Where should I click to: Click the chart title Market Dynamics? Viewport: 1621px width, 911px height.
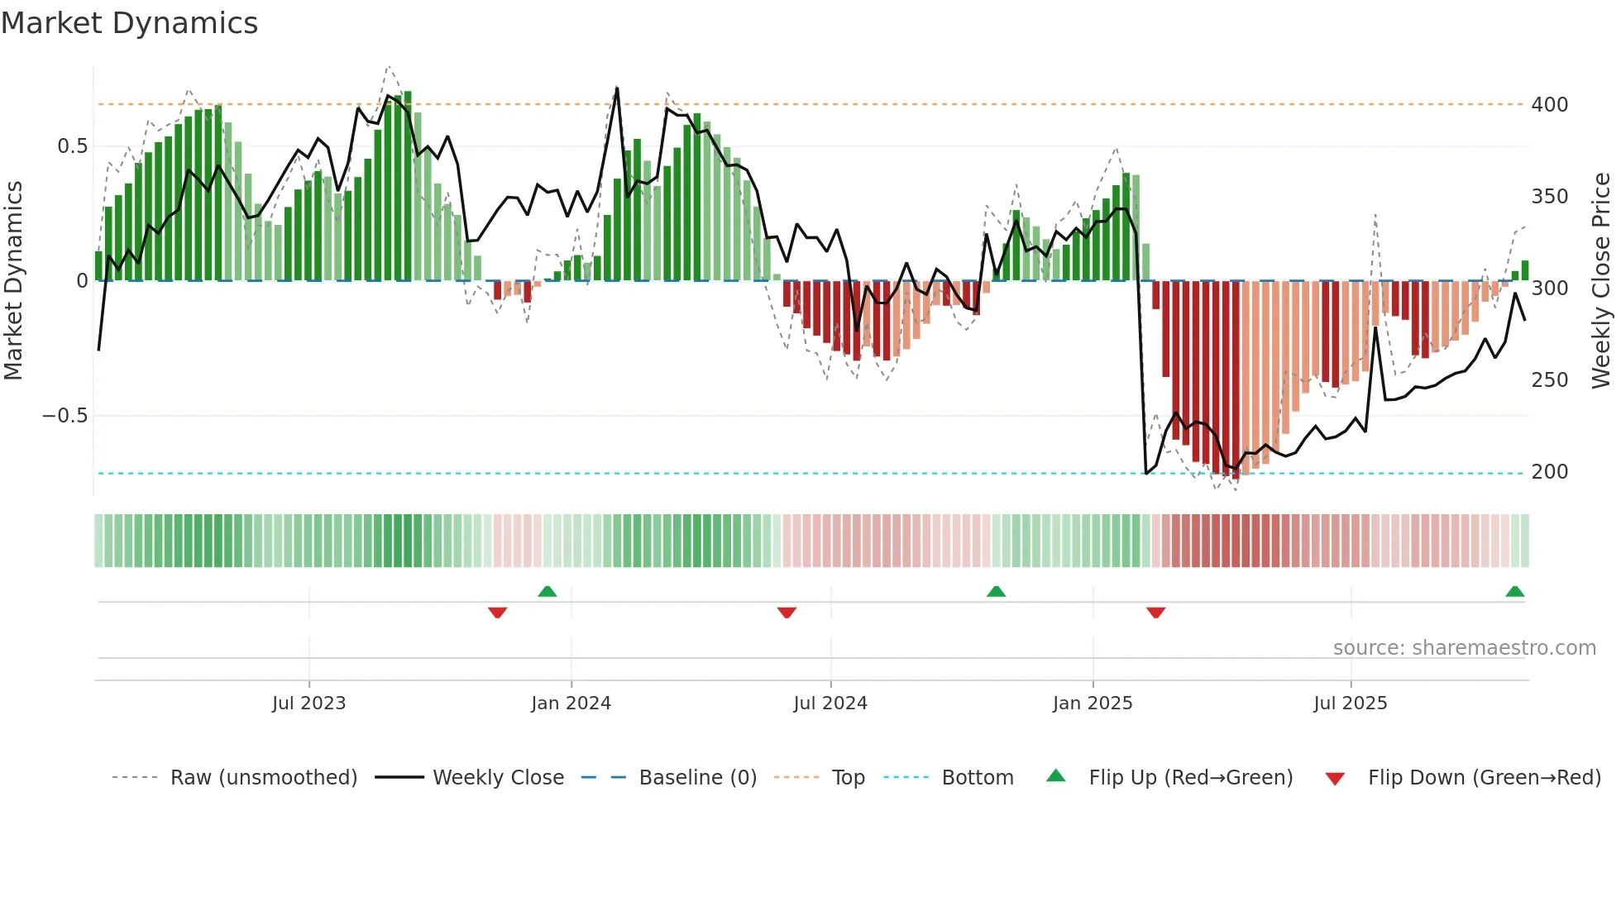(129, 23)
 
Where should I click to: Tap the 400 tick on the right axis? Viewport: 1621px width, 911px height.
(1549, 105)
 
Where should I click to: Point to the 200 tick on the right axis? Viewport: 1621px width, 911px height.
(1549, 472)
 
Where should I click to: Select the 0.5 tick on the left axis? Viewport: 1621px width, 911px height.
(72, 146)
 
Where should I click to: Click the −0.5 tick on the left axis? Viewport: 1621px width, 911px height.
(65, 416)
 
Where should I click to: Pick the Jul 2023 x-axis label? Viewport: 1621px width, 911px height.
(308, 704)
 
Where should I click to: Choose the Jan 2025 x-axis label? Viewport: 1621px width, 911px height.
(1092, 704)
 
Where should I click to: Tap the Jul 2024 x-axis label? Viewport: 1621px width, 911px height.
(830, 704)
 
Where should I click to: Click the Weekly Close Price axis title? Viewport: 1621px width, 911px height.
(1601, 281)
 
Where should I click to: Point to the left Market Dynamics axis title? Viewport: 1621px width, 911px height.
(13, 281)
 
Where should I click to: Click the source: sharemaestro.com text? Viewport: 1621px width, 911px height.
(1464, 648)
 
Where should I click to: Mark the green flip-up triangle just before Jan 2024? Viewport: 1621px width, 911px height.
(547, 592)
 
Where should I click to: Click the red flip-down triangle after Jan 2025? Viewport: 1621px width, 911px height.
(1155, 613)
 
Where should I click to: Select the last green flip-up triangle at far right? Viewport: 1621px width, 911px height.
(1514, 592)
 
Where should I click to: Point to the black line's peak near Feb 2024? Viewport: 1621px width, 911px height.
(617, 88)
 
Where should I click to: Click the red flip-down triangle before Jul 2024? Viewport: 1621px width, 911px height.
(787, 613)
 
